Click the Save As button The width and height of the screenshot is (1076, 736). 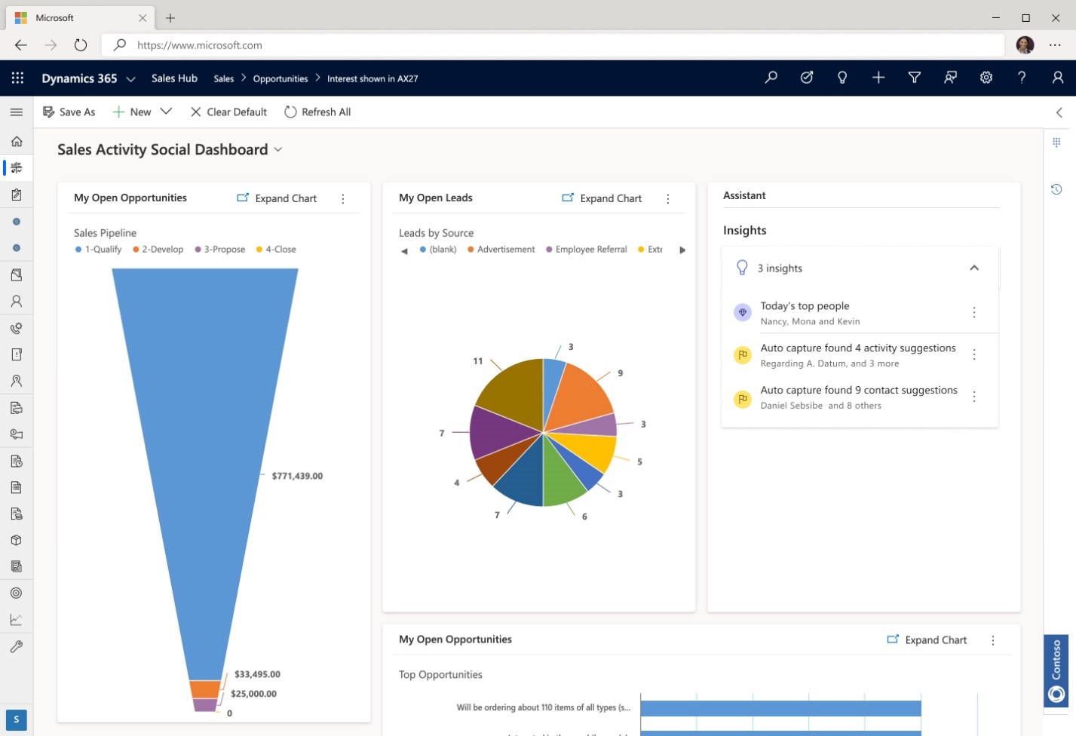69,112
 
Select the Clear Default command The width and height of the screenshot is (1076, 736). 228,112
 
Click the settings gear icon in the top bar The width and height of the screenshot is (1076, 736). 986,78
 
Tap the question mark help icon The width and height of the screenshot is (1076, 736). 1022,78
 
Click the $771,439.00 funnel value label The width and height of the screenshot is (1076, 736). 297,476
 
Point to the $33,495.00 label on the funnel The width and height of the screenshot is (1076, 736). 257,674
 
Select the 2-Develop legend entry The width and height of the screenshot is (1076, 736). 158,250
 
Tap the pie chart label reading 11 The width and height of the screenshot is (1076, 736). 477,361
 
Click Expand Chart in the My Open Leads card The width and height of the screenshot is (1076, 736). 602,198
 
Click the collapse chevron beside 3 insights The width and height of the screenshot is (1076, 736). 974,268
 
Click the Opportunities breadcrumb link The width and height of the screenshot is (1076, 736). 280,78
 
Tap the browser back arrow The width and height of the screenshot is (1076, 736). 21,45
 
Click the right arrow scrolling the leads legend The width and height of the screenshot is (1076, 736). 682,250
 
